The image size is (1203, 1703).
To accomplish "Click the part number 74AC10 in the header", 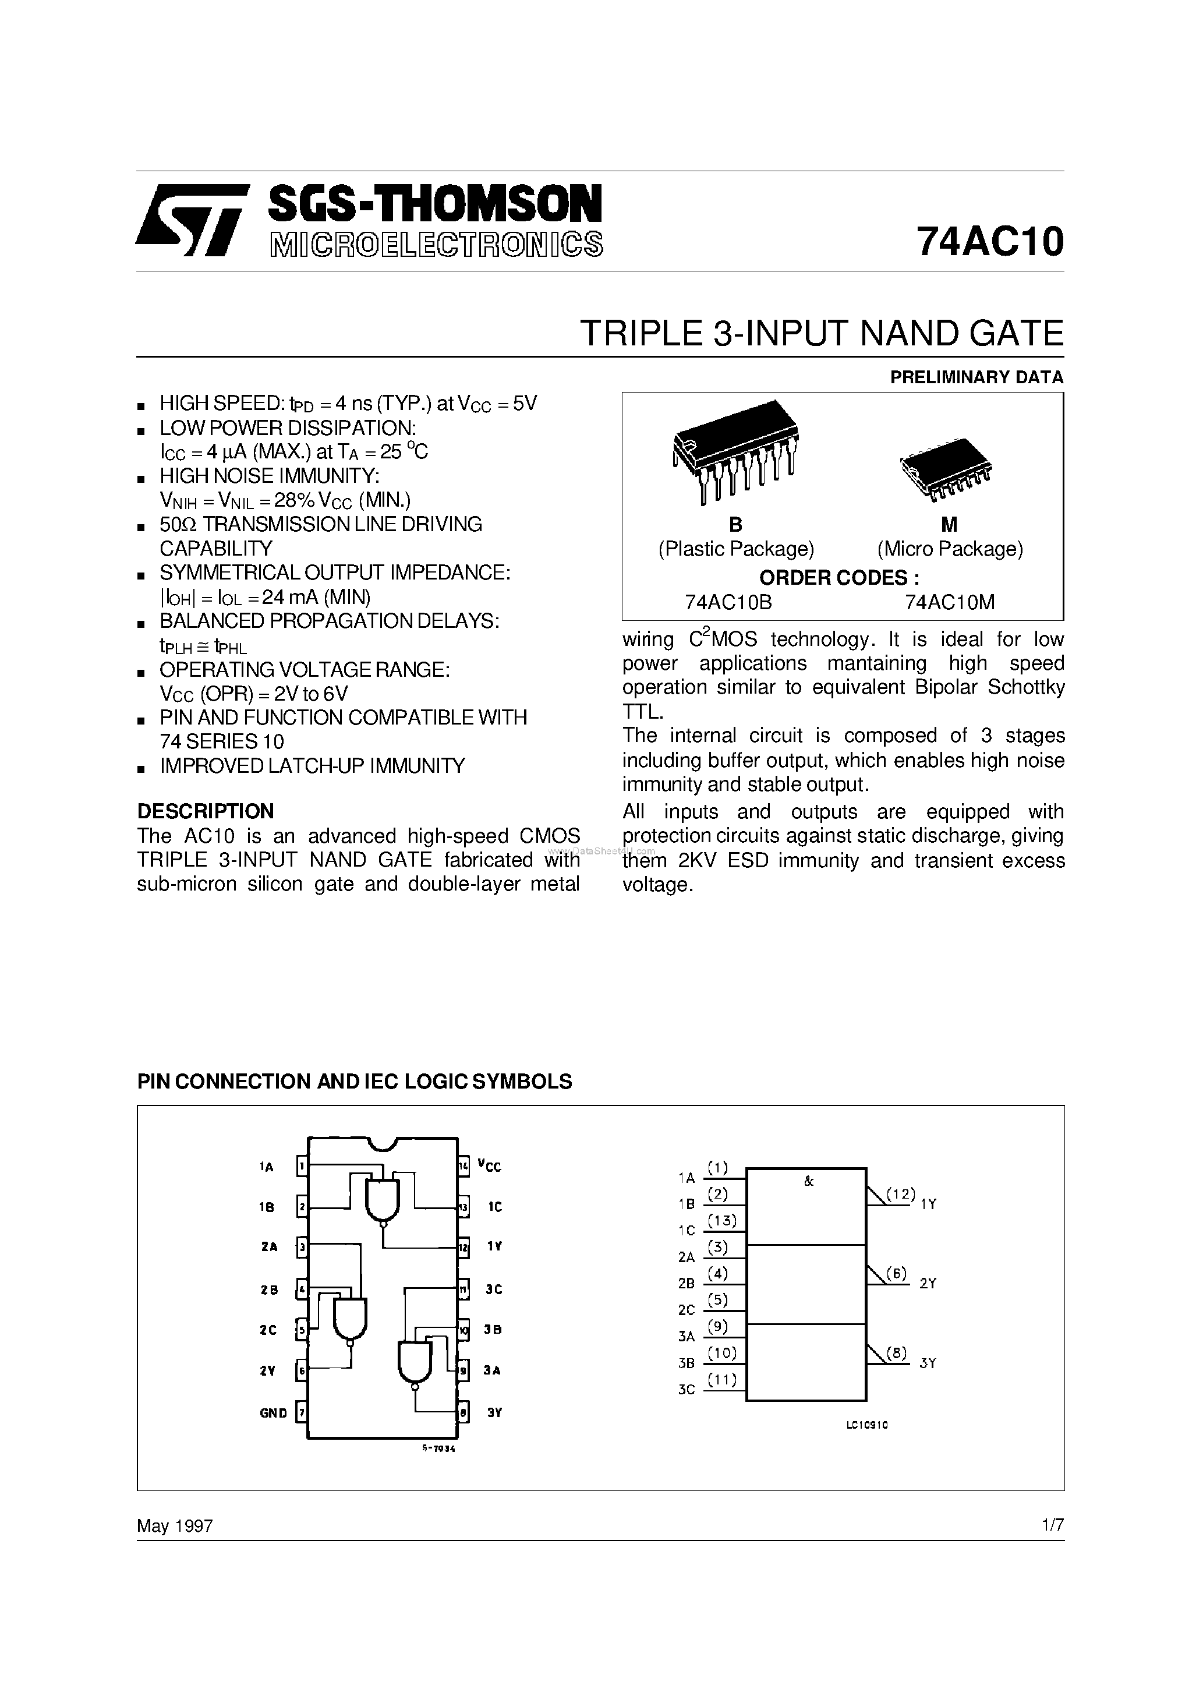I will pyautogui.click(x=989, y=241).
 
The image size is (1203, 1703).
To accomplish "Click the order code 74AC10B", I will pyautogui.click(x=728, y=602).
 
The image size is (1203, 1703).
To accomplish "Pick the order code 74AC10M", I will pyautogui.click(x=949, y=602).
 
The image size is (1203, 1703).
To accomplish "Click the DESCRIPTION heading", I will pyautogui.click(x=206, y=811).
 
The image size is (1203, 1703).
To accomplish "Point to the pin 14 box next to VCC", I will pyautogui.click(x=463, y=1166).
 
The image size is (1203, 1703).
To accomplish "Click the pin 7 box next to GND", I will pyautogui.click(x=301, y=1412).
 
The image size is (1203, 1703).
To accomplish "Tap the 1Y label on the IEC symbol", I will pyautogui.click(x=929, y=1204).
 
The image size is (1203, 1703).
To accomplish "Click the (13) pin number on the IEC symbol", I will pyautogui.click(x=721, y=1220).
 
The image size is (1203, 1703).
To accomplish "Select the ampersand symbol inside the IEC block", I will pyautogui.click(x=808, y=1182).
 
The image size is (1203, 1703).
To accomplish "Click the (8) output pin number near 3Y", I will pyautogui.click(x=896, y=1353).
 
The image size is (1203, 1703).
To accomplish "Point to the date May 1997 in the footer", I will pyautogui.click(x=175, y=1526).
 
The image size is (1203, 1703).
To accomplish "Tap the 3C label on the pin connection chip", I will pyautogui.click(x=494, y=1289).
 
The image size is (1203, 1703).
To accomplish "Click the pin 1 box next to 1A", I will pyautogui.click(x=302, y=1167).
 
